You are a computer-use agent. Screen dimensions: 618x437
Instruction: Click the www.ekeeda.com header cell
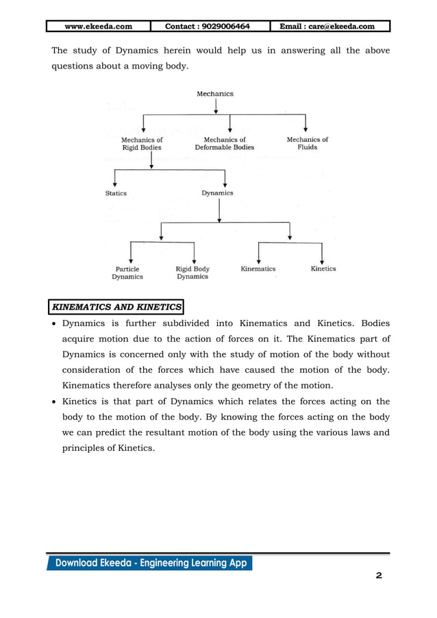click(98, 27)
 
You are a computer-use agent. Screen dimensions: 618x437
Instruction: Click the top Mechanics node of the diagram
click(215, 94)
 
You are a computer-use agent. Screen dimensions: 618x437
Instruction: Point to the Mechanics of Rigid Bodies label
click(142, 143)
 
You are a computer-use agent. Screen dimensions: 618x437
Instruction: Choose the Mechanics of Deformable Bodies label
click(224, 143)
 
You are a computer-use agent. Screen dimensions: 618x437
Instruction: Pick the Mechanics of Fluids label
click(307, 143)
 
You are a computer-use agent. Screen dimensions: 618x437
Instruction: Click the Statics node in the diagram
click(116, 193)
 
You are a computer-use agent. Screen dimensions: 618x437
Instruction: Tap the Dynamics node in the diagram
click(217, 193)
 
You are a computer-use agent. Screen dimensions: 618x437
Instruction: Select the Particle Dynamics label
click(127, 273)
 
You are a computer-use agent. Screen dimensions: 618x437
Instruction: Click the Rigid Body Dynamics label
click(192, 273)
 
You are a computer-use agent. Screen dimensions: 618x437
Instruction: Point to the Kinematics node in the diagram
click(258, 269)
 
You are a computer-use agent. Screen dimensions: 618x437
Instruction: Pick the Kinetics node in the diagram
click(323, 269)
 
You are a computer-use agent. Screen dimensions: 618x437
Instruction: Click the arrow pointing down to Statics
click(115, 180)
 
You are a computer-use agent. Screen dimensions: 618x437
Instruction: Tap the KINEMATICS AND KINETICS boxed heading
click(117, 306)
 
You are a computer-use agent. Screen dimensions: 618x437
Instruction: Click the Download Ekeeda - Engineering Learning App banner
click(150, 563)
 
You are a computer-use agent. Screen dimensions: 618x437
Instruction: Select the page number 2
click(379, 576)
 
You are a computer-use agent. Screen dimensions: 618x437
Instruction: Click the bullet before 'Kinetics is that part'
click(55, 402)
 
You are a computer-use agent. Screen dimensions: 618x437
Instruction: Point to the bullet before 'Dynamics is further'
click(55, 323)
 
